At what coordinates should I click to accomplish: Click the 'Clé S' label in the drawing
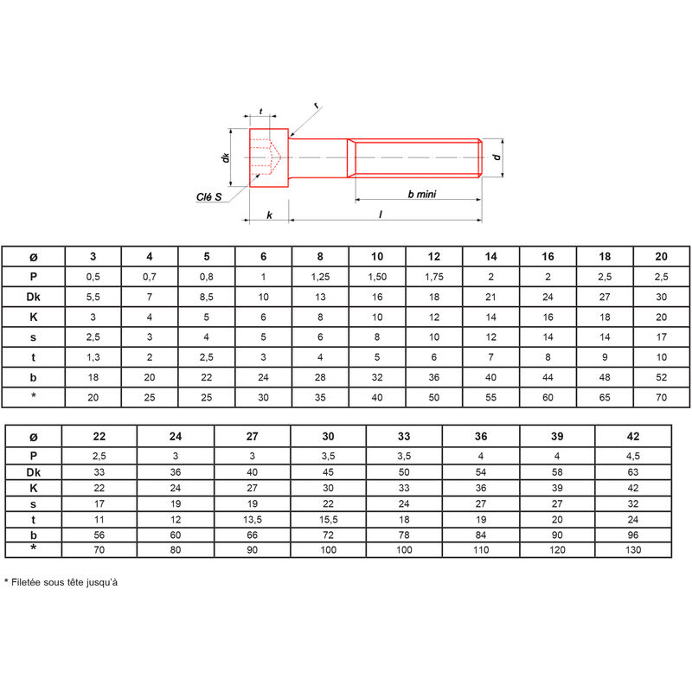[208, 197]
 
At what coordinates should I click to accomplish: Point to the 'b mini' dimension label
[422, 194]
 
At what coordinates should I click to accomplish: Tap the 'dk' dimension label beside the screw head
[226, 157]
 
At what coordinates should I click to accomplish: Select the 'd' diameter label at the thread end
[497, 157]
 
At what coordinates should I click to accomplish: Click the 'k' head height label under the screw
[269, 215]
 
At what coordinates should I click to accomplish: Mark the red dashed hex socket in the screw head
[266, 157]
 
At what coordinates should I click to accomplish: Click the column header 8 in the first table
[320, 256]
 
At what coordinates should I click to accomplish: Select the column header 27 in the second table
[252, 436]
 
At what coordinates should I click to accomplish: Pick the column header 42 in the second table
[633, 436]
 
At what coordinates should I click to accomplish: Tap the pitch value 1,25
[320, 277]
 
